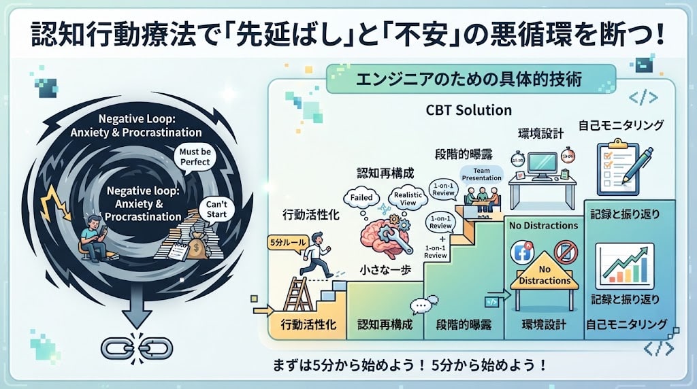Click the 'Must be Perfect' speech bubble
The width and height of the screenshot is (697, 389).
pos(195,156)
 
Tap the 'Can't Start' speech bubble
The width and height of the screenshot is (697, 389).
pos(216,209)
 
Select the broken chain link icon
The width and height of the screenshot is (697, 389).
pos(136,348)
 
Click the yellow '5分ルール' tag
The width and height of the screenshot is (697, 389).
pos(288,243)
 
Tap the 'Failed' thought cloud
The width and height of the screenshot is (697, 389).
pos(361,198)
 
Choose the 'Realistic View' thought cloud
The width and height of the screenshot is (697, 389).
pos(408,198)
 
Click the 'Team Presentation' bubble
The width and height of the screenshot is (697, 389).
pos(481,174)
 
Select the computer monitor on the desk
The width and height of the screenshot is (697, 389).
pos(542,165)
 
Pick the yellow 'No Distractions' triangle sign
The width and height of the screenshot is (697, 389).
pos(545,271)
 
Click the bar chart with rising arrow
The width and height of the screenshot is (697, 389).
pos(624,266)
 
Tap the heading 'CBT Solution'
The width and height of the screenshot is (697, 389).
pos(468,110)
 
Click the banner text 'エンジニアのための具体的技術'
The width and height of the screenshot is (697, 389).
pos(469,80)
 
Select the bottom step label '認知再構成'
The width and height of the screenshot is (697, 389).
pos(385,324)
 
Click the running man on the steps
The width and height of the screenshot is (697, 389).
pos(316,254)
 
